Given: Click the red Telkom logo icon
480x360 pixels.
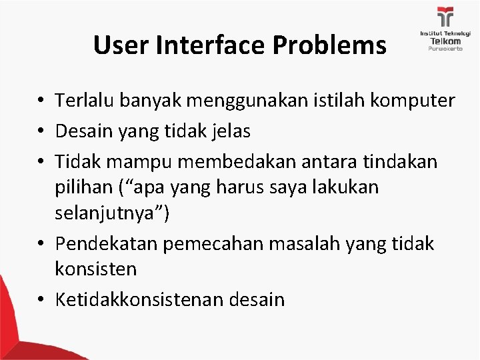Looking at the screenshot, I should [x=445, y=16].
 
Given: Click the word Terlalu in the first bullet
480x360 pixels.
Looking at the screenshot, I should [x=80, y=101].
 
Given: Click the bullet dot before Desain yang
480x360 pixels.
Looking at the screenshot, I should [x=41, y=132].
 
